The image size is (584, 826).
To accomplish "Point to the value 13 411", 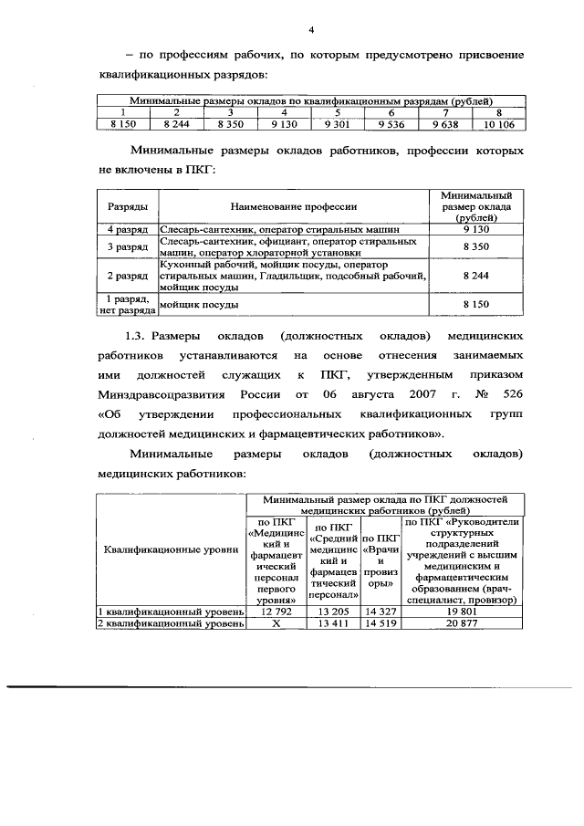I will click(x=332, y=623).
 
